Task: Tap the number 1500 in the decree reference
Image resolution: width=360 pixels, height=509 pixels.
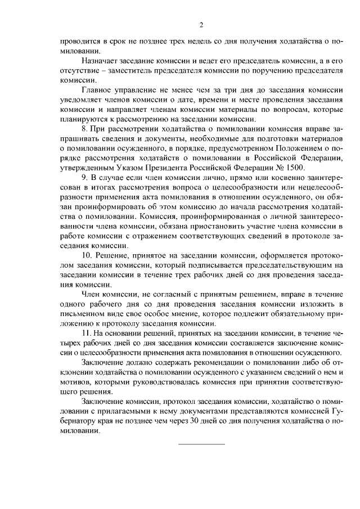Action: point(294,167)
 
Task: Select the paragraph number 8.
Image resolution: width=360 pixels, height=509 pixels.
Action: point(84,129)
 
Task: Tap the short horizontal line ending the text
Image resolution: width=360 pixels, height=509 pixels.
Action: point(201,444)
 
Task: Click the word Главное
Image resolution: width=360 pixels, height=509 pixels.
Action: point(97,90)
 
